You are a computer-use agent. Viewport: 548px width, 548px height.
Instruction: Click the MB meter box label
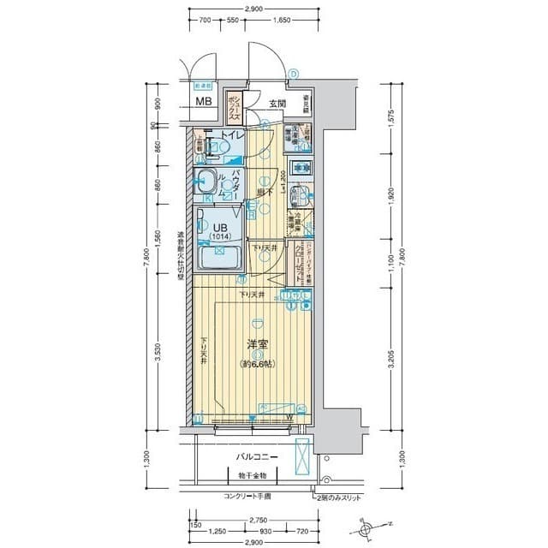tap(203, 102)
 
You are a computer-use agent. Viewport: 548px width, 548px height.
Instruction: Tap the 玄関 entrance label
tap(277, 104)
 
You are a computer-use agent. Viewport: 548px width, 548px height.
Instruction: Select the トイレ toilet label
tap(234, 136)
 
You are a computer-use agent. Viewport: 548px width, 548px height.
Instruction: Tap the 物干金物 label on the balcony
tap(253, 474)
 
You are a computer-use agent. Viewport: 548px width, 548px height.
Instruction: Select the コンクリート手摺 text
tap(247, 497)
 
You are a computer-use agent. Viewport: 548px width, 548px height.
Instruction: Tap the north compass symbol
tap(369, 530)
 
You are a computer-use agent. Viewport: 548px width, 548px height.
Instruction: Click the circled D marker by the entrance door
tap(293, 74)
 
